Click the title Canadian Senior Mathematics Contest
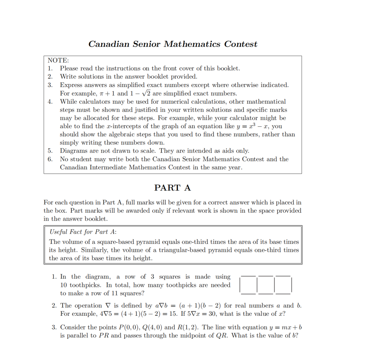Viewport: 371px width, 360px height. click(x=173, y=44)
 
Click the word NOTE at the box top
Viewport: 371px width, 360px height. click(x=58, y=60)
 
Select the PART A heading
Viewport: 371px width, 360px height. click(x=172, y=188)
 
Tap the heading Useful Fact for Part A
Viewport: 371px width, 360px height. click(x=83, y=232)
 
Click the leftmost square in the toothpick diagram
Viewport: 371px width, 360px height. click(x=249, y=285)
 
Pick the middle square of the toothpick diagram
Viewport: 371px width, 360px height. click(x=266, y=285)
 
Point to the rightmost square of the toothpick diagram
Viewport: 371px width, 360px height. click(x=283, y=285)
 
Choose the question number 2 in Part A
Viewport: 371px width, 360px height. click(x=54, y=306)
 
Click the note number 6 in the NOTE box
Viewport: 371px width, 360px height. click(x=50, y=159)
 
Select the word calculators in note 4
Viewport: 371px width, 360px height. click(x=93, y=102)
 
